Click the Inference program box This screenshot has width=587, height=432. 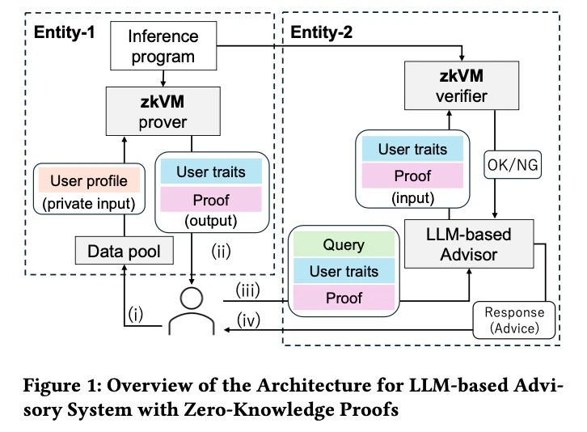click(163, 47)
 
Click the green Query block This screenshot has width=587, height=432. click(344, 244)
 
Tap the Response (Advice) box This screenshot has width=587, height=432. click(513, 321)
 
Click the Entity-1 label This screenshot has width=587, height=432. click(65, 33)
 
